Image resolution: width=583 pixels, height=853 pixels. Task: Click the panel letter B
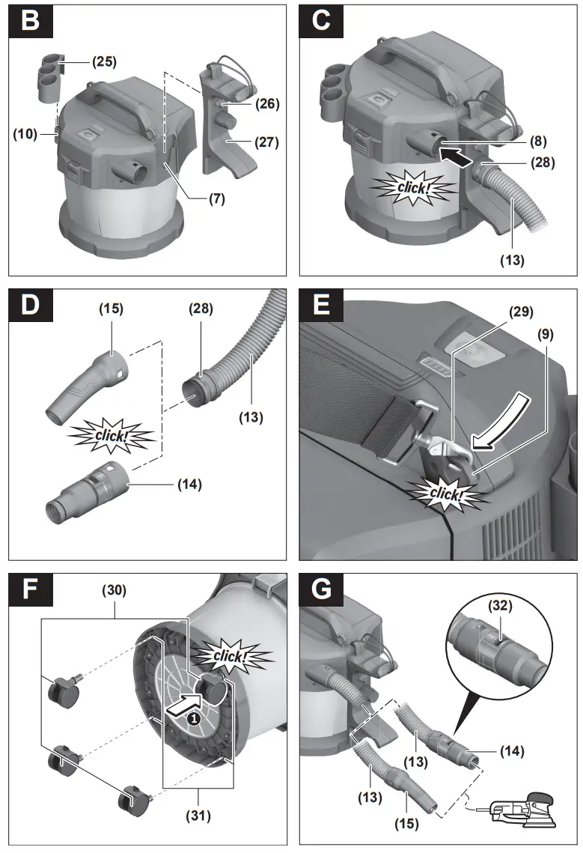tap(31, 20)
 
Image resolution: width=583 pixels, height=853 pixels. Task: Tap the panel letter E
tap(321, 306)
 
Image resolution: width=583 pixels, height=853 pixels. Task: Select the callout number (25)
tap(104, 62)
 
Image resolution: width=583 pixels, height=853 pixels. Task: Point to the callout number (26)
tap(266, 104)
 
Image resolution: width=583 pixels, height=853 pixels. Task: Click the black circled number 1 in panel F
tap(193, 717)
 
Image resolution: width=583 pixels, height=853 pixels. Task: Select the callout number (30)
tap(115, 590)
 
